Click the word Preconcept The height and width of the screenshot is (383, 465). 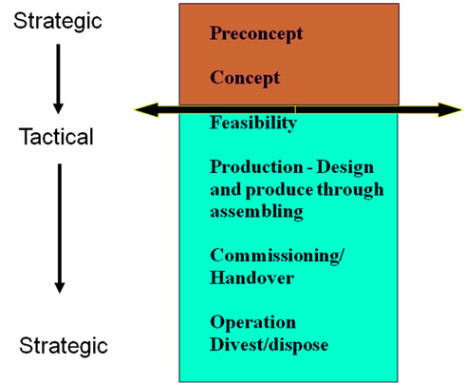pyautogui.click(x=256, y=33)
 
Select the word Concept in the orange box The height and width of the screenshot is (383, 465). pyautogui.click(x=245, y=78)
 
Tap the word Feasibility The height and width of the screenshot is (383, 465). pyautogui.click(x=253, y=123)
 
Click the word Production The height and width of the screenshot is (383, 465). pyautogui.click(x=256, y=167)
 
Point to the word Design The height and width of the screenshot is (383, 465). pyautogui.click(x=345, y=168)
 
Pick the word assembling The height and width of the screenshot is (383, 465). pyautogui.click(x=256, y=211)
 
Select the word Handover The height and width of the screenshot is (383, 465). pyautogui.click(x=252, y=278)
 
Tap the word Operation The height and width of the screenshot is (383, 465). pyautogui.click(x=253, y=323)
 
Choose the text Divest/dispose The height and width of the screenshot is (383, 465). pyautogui.click(x=270, y=345)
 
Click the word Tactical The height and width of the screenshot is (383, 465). pyautogui.click(x=56, y=137)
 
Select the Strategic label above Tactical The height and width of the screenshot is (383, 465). pyautogui.click(x=58, y=22)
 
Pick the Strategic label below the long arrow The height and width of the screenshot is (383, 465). pyautogui.click(x=64, y=346)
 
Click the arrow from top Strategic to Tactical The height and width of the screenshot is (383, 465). pyautogui.click(x=58, y=79)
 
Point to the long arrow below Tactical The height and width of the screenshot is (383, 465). pyautogui.click(x=60, y=228)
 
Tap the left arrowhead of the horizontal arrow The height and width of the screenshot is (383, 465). pyautogui.click(x=146, y=110)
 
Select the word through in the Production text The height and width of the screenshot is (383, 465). pyautogui.click(x=350, y=190)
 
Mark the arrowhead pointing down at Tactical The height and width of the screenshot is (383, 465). pyautogui.click(x=58, y=108)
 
